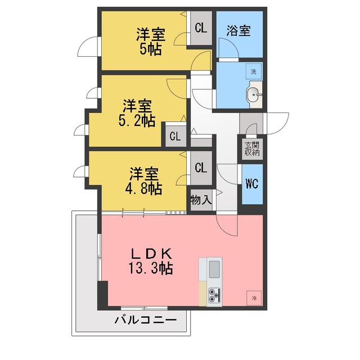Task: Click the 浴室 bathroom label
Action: pyautogui.click(x=238, y=30)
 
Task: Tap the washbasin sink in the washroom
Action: pyautogui.click(x=254, y=94)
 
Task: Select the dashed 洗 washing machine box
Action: pyautogui.click(x=254, y=71)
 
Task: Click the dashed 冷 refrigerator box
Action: pyautogui.click(x=254, y=298)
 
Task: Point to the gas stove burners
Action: pyautogui.click(x=214, y=295)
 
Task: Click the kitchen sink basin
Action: pyautogui.click(x=214, y=269)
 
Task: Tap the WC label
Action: pyautogui.click(x=252, y=183)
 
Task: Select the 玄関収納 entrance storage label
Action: pyautogui.click(x=252, y=148)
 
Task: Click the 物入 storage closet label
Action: pyautogui.click(x=201, y=200)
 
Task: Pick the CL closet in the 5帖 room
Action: pyautogui.click(x=201, y=28)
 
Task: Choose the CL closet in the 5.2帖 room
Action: pyautogui.click(x=175, y=136)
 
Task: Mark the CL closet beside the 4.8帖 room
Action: pyautogui.click(x=201, y=168)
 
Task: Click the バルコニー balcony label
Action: pyautogui.click(x=146, y=319)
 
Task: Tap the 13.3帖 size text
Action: pyautogui.click(x=151, y=268)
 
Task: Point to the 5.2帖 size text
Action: pyautogui.click(x=137, y=120)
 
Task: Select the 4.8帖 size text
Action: pyautogui.click(x=144, y=188)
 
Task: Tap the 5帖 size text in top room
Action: pyautogui.click(x=151, y=49)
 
